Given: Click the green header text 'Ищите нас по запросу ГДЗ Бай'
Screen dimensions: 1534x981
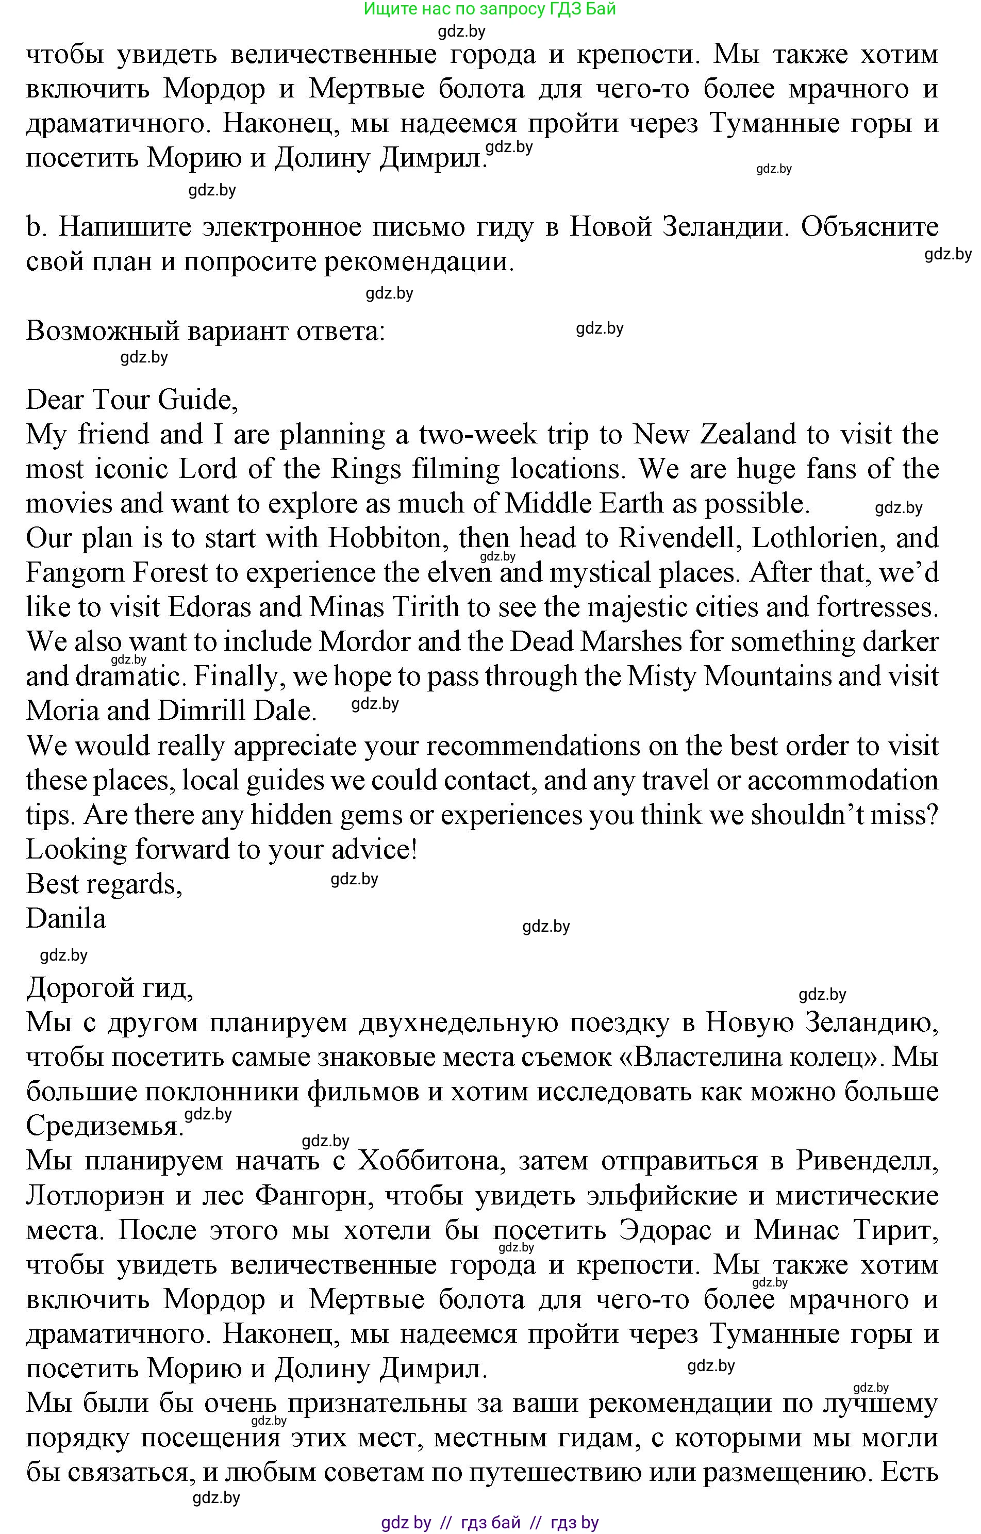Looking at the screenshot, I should pyautogui.click(x=489, y=9).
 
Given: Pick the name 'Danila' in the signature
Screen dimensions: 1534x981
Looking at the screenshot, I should pyautogui.click(x=65, y=919).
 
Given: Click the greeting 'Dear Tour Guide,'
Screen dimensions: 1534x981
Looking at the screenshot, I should pyautogui.click(x=132, y=400).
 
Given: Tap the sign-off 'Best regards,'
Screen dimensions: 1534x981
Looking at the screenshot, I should pyautogui.click(x=104, y=884).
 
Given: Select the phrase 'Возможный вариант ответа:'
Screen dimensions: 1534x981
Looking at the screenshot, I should pyautogui.click(x=205, y=331).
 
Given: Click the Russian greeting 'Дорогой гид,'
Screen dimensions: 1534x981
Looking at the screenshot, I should pyautogui.click(x=109, y=988).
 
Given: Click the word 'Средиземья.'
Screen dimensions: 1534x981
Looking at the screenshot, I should pyautogui.click(x=104, y=1126).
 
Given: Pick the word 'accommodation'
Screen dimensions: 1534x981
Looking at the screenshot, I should pyautogui.click(x=842, y=780).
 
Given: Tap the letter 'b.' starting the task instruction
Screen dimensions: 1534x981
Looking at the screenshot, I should pyautogui.click(x=35, y=227).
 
